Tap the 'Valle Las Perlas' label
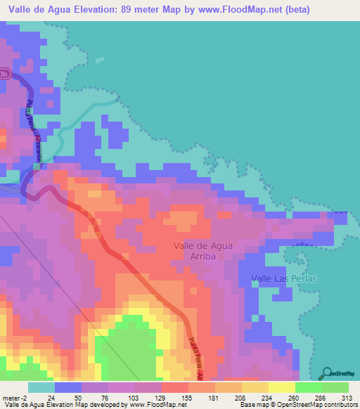[284, 279]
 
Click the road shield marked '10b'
[4, 74]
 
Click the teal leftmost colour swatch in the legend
[41, 388]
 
